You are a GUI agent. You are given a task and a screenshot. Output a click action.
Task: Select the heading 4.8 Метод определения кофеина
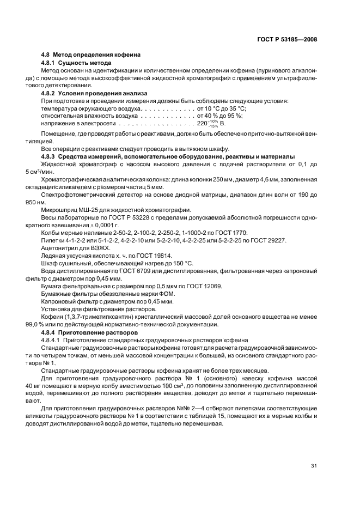(x=91, y=55)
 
